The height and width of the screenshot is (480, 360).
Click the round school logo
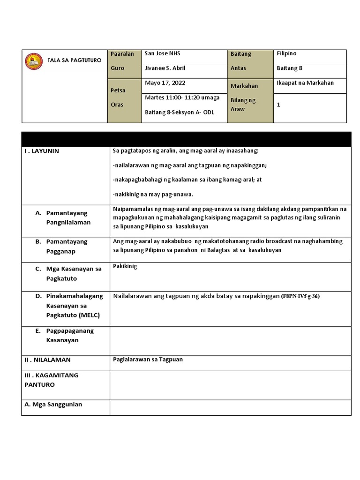point(34,61)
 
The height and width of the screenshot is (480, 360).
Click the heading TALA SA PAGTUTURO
point(74,60)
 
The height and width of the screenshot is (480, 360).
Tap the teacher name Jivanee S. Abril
point(165,68)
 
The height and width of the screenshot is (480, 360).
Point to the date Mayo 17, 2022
point(165,83)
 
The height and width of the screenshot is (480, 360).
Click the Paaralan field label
point(122,54)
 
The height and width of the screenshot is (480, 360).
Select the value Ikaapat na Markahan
point(305,83)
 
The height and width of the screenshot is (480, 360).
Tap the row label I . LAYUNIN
point(42,151)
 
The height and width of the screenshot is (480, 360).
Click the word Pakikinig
point(125,267)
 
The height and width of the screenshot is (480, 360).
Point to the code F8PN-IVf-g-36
point(300,297)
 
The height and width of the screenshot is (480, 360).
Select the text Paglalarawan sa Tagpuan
point(148,360)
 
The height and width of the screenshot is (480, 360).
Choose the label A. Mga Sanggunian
point(53,405)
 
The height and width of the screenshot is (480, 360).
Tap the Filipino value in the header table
point(286,54)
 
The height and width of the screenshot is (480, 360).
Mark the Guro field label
point(118,68)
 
